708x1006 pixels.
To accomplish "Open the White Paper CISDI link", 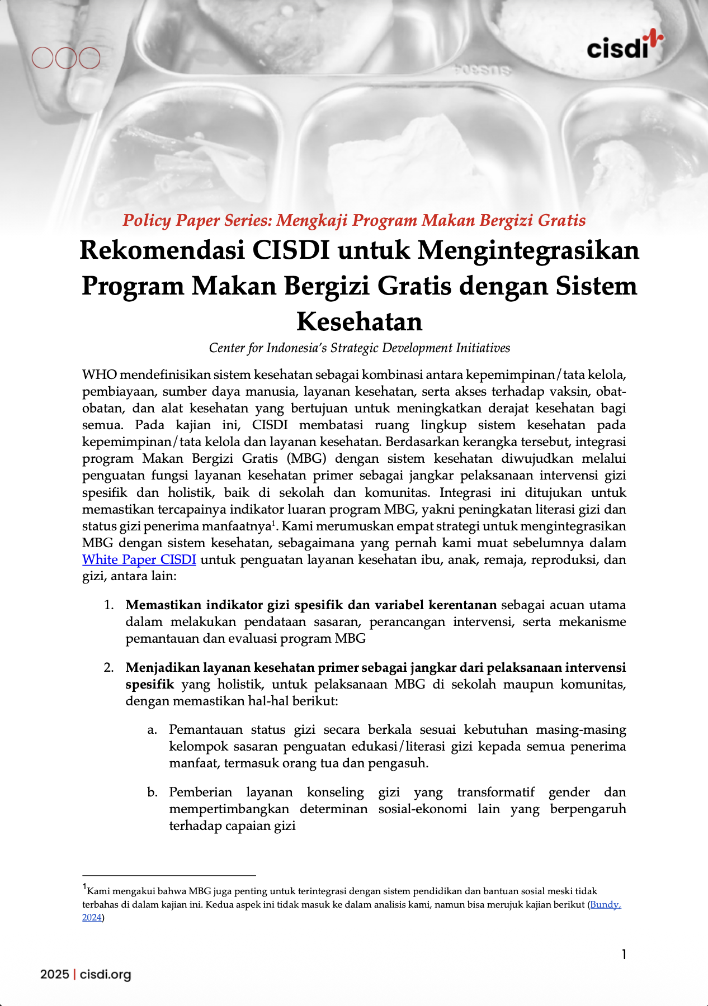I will tap(139, 559).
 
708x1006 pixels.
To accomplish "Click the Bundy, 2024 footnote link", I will tap(605, 904).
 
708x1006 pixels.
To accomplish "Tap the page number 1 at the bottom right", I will tap(624, 955).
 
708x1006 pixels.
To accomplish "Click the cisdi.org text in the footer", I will tap(105, 975).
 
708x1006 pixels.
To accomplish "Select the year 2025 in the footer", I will tap(54, 975).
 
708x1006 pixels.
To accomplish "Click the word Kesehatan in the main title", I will tap(359, 321).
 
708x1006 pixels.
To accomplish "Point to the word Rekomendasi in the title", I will tap(162, 250).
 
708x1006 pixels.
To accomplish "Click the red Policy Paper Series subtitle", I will tap(354, 220).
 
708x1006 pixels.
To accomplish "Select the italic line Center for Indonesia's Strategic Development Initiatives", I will tap(359, 348).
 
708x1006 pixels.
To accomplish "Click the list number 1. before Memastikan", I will tap(109, 605).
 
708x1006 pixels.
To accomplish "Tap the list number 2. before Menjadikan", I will tap(109, 668).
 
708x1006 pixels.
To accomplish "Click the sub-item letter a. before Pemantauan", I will tap(152, 730).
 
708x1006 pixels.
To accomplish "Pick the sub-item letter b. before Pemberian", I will tap(152, 793).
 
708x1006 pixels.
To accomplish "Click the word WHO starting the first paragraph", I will tap(99, 374).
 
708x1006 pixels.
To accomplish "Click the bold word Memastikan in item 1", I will tap(163, 605).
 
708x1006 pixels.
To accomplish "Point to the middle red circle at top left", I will tap(66, 58).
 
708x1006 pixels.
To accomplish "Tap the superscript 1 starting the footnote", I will tap(84, 887).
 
